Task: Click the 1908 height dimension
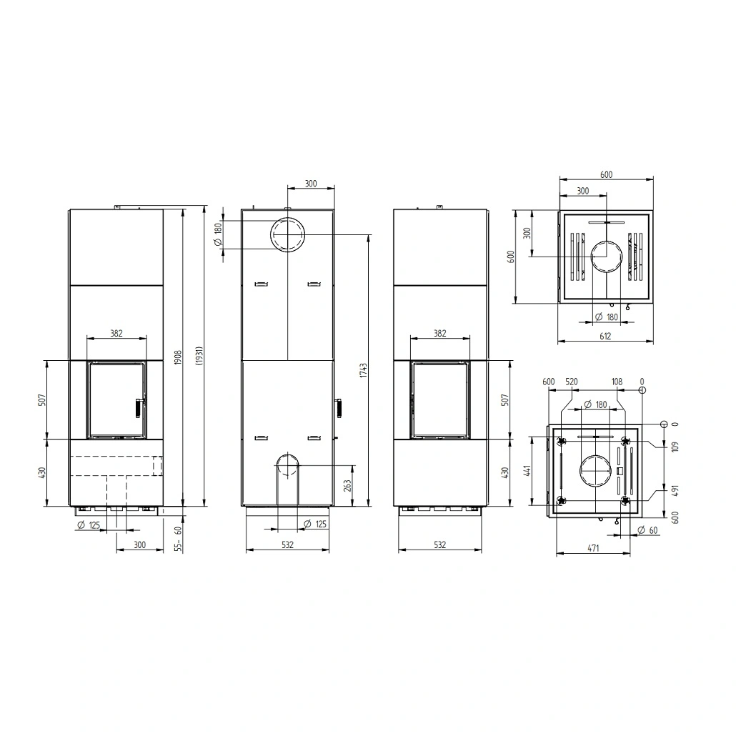point(177,359)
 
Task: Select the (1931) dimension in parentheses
point(199,356)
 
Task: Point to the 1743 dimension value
point(364,370)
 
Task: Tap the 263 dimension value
point(347,485)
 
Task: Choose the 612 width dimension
point(605,336)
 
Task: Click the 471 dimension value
point(593,548)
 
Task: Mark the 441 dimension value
point(527,471)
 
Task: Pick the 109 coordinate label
point(675,447)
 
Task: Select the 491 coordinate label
point(675,491)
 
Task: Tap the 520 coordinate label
point(571,382)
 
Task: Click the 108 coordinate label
point(617,382)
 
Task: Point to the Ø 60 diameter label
point(648,530)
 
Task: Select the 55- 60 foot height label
point(177,538)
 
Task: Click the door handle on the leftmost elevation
point(138,407)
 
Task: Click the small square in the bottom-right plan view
point(619,471)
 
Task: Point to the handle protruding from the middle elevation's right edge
point(338,407)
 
